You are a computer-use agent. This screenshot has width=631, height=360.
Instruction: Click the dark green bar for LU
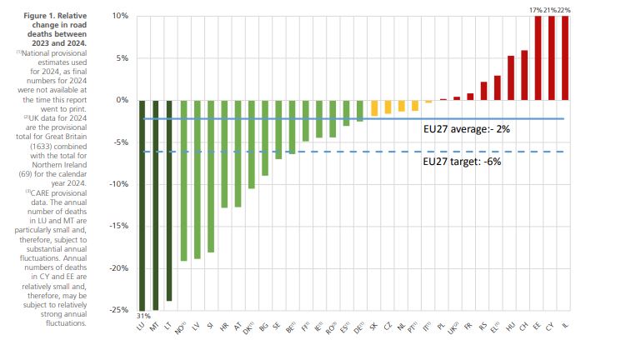pyautogui.click(x=142, y=204)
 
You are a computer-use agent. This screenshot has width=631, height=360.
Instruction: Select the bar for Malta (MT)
pyautogui.click(x=156, y=204)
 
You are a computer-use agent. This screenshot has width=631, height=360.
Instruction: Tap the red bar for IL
pyautogui.click(x=566, y=58)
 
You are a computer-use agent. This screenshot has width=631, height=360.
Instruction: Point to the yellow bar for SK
pyautogui.click(x=374, y=107)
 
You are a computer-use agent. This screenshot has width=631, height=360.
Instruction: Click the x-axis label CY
pyautogui.click(x=551, y=327)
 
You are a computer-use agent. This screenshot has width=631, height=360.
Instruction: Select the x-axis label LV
pyautogui.click(x=196, y=327)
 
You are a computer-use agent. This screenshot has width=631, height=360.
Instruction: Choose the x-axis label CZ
pyautogui.click(x=388, y=327)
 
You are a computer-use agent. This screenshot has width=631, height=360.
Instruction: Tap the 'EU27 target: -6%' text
pyautogui.click(x=463, y=162)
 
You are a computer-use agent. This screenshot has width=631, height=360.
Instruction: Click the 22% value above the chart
pyautogui.click(x=565, y=8)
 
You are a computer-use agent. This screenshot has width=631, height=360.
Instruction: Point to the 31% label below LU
pyautogui.click(x=143, y=316)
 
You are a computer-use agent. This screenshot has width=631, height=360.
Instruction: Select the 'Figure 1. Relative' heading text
pyautogui.click(x=58, y=16)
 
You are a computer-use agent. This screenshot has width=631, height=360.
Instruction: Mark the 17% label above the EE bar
pyautogui.click(x=536, y=8)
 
